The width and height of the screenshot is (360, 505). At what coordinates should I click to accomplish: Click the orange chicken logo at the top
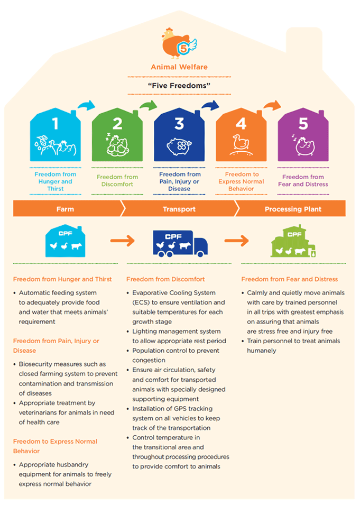(x=179, y=43)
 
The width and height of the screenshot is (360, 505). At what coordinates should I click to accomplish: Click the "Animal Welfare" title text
(x=179, y=67)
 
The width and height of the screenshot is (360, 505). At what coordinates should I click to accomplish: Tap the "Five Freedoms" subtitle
(x=179, y=86)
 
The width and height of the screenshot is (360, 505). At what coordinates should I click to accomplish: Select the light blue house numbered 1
(x=56, y=135)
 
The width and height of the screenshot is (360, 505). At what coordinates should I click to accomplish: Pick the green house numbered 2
(x=117, y=135)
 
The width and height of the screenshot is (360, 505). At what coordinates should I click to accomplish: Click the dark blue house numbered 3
(x=179, y=135)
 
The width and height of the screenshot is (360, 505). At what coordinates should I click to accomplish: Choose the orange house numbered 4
(x=241, y=135)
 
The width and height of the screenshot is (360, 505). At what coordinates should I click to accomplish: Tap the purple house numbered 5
(x=303, y=135)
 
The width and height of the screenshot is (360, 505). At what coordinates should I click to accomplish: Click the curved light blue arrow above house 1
(x=87, y=105)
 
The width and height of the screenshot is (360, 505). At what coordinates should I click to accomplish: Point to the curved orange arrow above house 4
(x=272, y=105)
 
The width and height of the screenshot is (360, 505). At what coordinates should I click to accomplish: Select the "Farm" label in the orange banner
(x=66, y=209)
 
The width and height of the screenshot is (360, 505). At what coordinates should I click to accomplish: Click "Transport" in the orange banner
(x=179, y=209)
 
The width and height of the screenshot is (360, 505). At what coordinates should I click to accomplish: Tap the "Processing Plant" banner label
(x=293, y=209)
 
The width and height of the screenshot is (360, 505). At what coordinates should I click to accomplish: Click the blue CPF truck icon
(x=180, y=243)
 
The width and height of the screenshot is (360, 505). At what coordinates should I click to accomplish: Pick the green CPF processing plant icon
(x=293, y=241)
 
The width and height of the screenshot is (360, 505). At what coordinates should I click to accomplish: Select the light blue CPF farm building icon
(x=66, y=241)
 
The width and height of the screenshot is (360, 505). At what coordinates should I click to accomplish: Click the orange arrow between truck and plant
(x=237, y=241)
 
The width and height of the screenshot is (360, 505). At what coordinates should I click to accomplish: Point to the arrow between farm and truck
(x=122, y=241)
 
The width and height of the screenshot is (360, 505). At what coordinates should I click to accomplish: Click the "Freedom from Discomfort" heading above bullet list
(x=165, y=279)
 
